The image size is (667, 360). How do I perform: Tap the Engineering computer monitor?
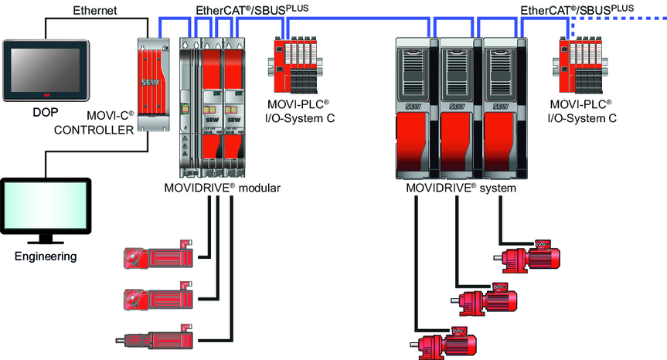pos(46,205)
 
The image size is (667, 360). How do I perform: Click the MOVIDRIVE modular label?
pos(222,188)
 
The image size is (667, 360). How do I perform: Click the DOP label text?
pos(46,112)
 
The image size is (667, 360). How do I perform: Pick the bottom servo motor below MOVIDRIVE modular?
pos(155,338)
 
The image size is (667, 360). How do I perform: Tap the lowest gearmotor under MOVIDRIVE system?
pos(445,342)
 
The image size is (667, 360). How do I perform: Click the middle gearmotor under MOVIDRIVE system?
pos(487,300)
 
